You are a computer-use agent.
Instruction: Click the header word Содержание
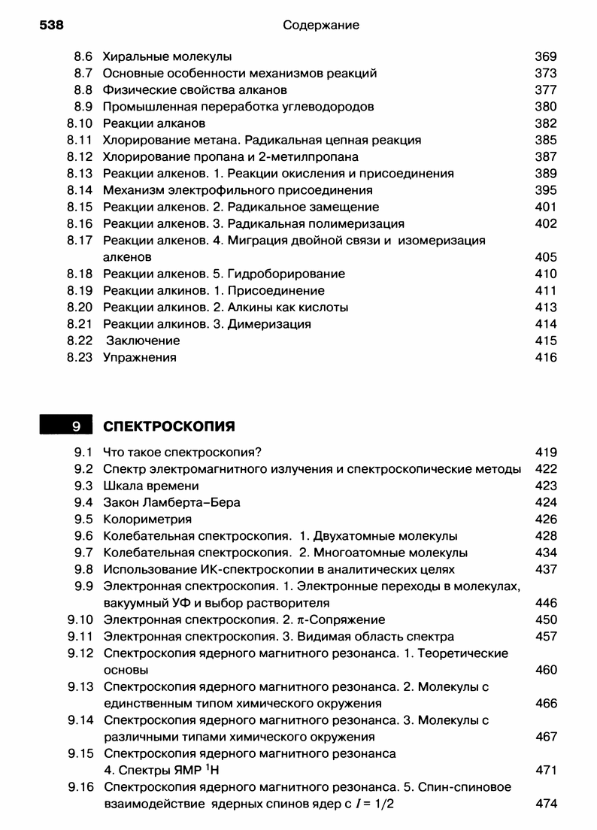(321, 26)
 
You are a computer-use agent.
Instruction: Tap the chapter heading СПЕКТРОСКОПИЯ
(168, 427)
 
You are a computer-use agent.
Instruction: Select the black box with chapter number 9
(65, 427)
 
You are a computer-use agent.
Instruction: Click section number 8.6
(83, 56)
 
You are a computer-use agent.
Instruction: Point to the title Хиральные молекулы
(167, 56)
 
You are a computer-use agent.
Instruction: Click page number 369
(546, 56)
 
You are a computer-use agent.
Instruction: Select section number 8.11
(80, 140)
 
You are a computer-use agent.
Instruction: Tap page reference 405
(546, 257)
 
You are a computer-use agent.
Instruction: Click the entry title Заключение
(143, 341)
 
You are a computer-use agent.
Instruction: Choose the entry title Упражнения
(139, 357)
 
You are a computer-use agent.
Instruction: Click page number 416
(546, 357)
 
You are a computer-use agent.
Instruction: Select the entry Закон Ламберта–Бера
(171, 502)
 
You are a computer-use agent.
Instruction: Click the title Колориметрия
(147, 519)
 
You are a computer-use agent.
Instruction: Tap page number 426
(546, 519)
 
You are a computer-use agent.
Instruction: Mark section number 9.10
(80, 619)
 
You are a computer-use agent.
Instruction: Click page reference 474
(546, 804)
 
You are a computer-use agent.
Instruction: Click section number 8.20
(80, 307)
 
